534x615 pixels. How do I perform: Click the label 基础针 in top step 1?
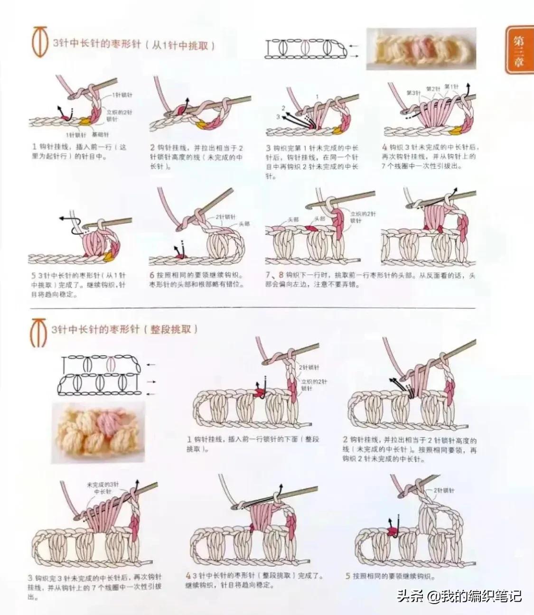100,134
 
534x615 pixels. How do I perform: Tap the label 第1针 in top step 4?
451,87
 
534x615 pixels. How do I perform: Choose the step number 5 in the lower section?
347,576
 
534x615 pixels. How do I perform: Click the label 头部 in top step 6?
244,224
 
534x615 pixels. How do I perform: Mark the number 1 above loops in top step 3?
317,96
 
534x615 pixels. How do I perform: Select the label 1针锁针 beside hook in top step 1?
122,95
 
